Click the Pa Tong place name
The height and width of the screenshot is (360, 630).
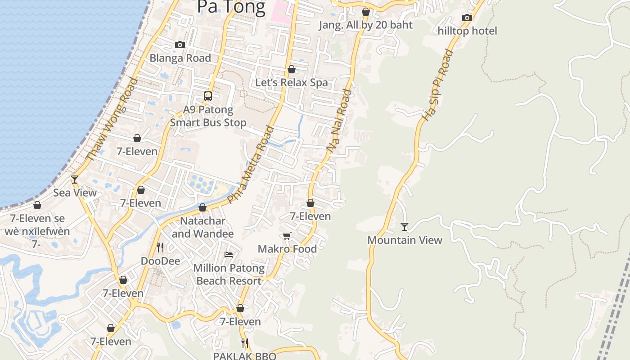(231, 7)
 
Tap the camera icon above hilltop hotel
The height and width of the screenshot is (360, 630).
(467, 18)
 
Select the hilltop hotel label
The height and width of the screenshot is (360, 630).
(467, 31)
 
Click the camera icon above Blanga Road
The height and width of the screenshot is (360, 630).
(180, 45)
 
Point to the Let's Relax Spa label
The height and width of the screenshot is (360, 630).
(292, 83)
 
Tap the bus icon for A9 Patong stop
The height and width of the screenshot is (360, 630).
(207, 96)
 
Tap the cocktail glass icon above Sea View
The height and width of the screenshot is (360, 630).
(75, 180)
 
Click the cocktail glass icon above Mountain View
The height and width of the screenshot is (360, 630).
(405, 227)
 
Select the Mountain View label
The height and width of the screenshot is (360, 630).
(405, 240)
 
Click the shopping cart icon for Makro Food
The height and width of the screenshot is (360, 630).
(287, 236)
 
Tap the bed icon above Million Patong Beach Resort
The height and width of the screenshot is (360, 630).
(229, 255)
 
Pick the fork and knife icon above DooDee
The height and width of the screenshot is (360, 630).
(160, 247)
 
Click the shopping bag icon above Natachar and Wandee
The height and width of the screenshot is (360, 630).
(202, 208)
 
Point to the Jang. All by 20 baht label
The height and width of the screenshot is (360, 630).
(365, 25)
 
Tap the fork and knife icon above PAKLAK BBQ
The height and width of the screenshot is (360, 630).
(244, 343)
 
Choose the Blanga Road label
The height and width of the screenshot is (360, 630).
(180, 58)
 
